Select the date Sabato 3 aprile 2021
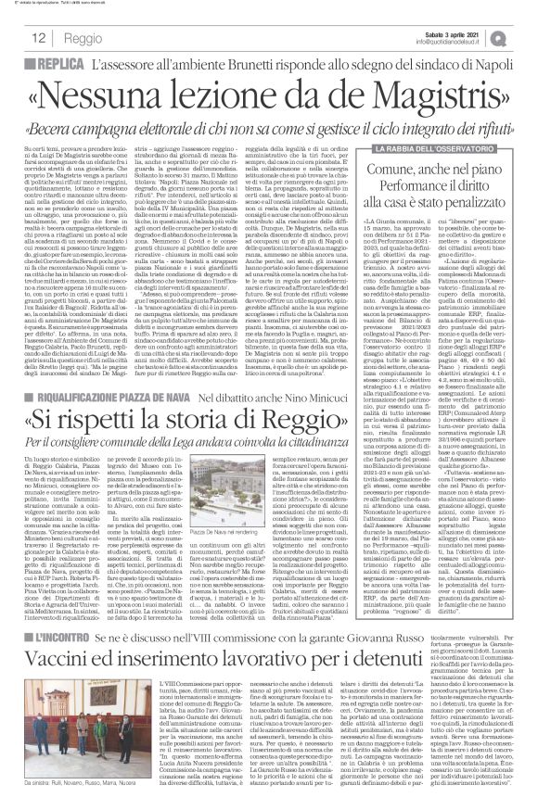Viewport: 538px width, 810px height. point(461,35)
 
